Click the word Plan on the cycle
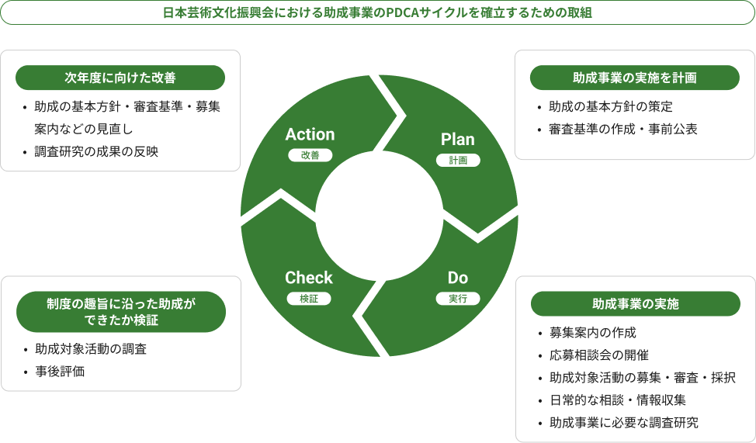[458, 140]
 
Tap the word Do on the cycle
[458, 278]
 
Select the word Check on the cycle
[309, 278]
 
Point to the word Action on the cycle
[310, 134]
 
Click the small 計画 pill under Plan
[458, 161]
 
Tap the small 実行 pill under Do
[458, 299]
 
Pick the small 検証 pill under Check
[309, 299]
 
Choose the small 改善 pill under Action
[310, 155]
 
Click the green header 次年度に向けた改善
[120, 78]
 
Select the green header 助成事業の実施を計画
[634, 78]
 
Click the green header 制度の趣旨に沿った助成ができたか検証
[120, 312]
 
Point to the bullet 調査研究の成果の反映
[96, 151]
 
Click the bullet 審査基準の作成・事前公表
[623, 129]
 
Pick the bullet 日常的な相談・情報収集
[617, 400]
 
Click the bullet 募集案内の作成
[593, 333]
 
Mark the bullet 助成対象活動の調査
[91, 349]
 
